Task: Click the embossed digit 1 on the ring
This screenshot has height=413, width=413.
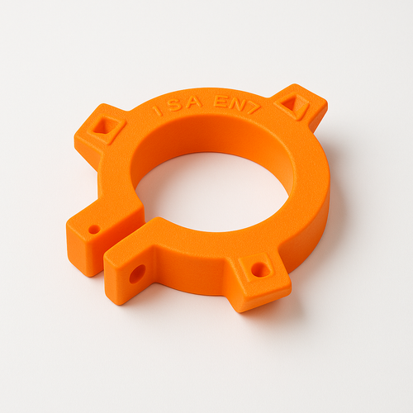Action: pos(157,110)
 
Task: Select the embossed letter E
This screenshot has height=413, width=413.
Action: pos(221,102)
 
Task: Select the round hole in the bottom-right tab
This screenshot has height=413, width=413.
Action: pos(259,270)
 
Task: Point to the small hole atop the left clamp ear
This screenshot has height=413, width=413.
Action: pos(94,230)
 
